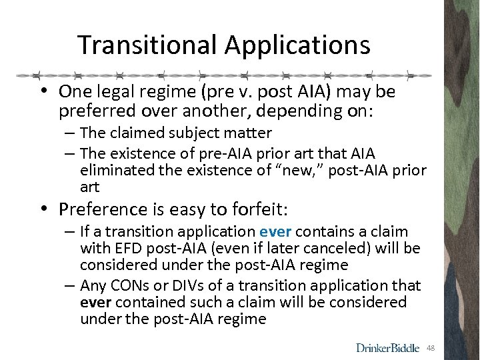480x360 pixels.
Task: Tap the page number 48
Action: pyautogui.click(x=431, y=348)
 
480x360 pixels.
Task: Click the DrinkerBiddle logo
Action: pyautogui.click(x=388, y=348)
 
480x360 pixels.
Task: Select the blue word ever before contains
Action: pyautogui.click(x=275, y=232)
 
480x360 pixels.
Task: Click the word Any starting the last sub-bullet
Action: pyautogui.click(x=93, y=286)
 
